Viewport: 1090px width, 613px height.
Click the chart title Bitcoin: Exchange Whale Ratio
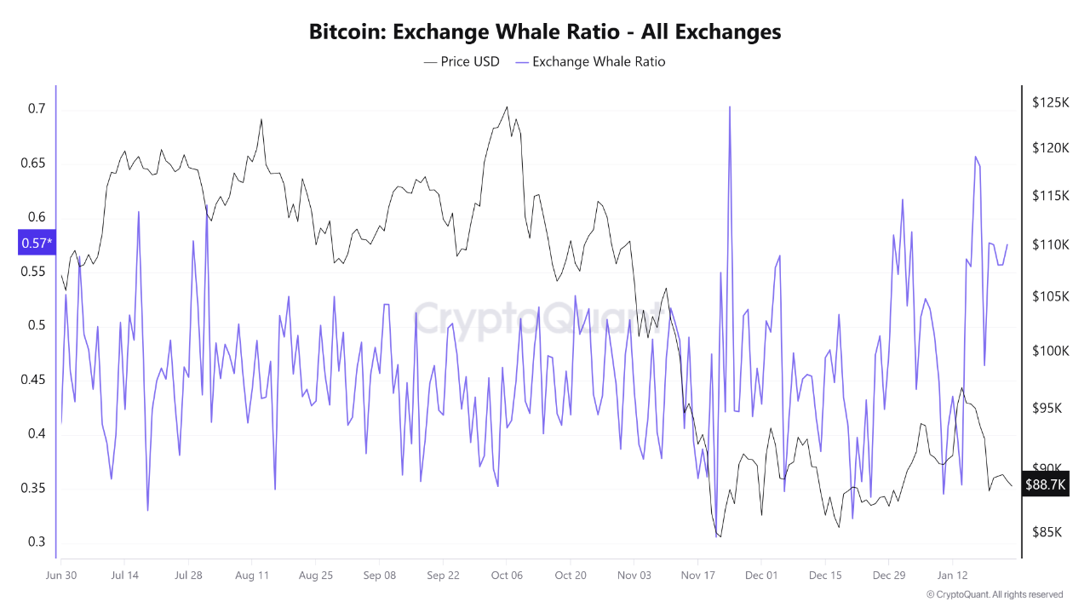545,32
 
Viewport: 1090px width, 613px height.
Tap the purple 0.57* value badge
37,243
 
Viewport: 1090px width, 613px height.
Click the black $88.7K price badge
1046,484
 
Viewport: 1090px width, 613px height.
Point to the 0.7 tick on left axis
36,109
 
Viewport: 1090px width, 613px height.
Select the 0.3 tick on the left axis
36,542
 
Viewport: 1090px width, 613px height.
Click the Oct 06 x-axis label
507,575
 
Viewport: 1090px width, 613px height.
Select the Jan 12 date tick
952,575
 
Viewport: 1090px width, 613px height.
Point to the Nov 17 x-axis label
697,575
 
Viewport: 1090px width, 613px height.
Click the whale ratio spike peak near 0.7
730,107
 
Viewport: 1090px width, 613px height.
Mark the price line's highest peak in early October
507,107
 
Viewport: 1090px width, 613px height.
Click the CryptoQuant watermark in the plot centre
536,319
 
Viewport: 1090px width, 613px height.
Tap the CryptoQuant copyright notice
994,594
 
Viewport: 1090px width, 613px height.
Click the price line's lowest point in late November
720,536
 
